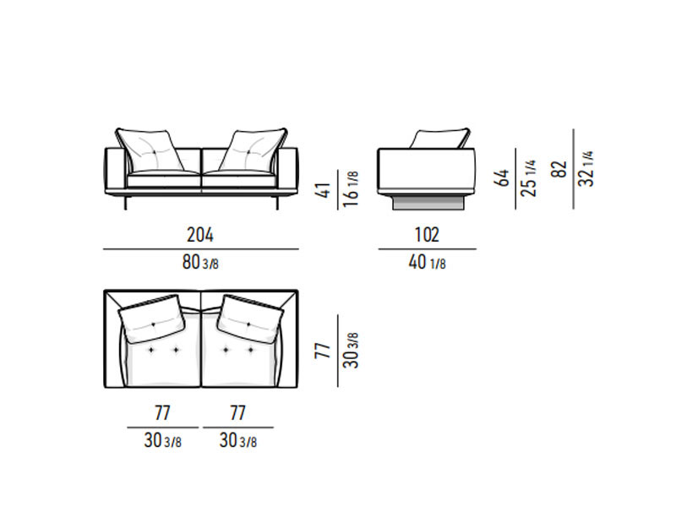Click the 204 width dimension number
point(200,235)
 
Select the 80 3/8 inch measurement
point(200,262)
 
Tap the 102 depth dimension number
point(427,235)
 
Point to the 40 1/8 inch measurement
point(427,262)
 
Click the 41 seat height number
point(324,189)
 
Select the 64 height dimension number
point(501,178)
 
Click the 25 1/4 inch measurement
point(529,178)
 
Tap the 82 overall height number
point(559,169)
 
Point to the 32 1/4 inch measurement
point(586,168)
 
